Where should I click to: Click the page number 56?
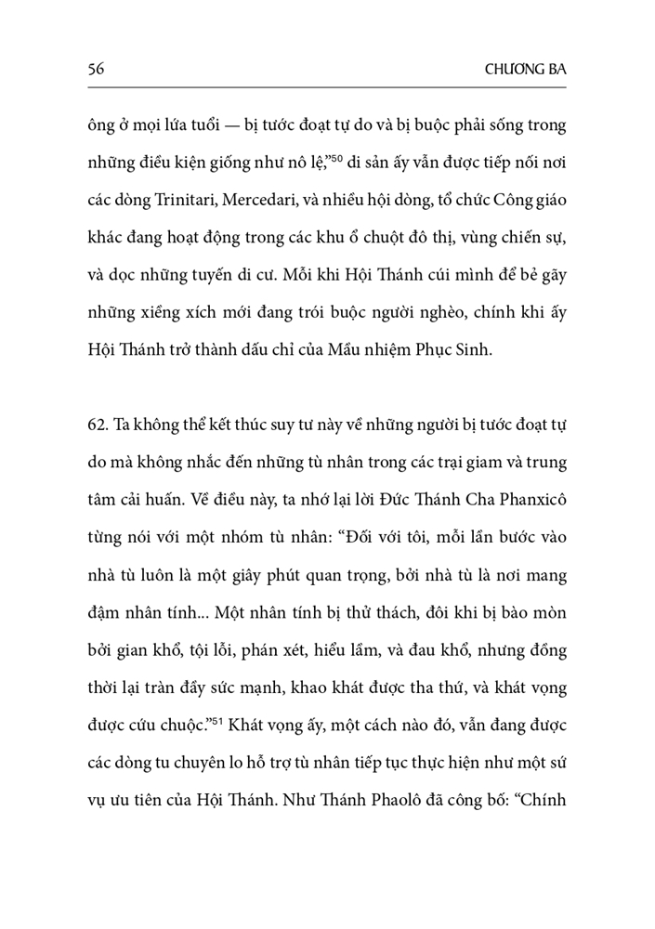coord(93,69)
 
